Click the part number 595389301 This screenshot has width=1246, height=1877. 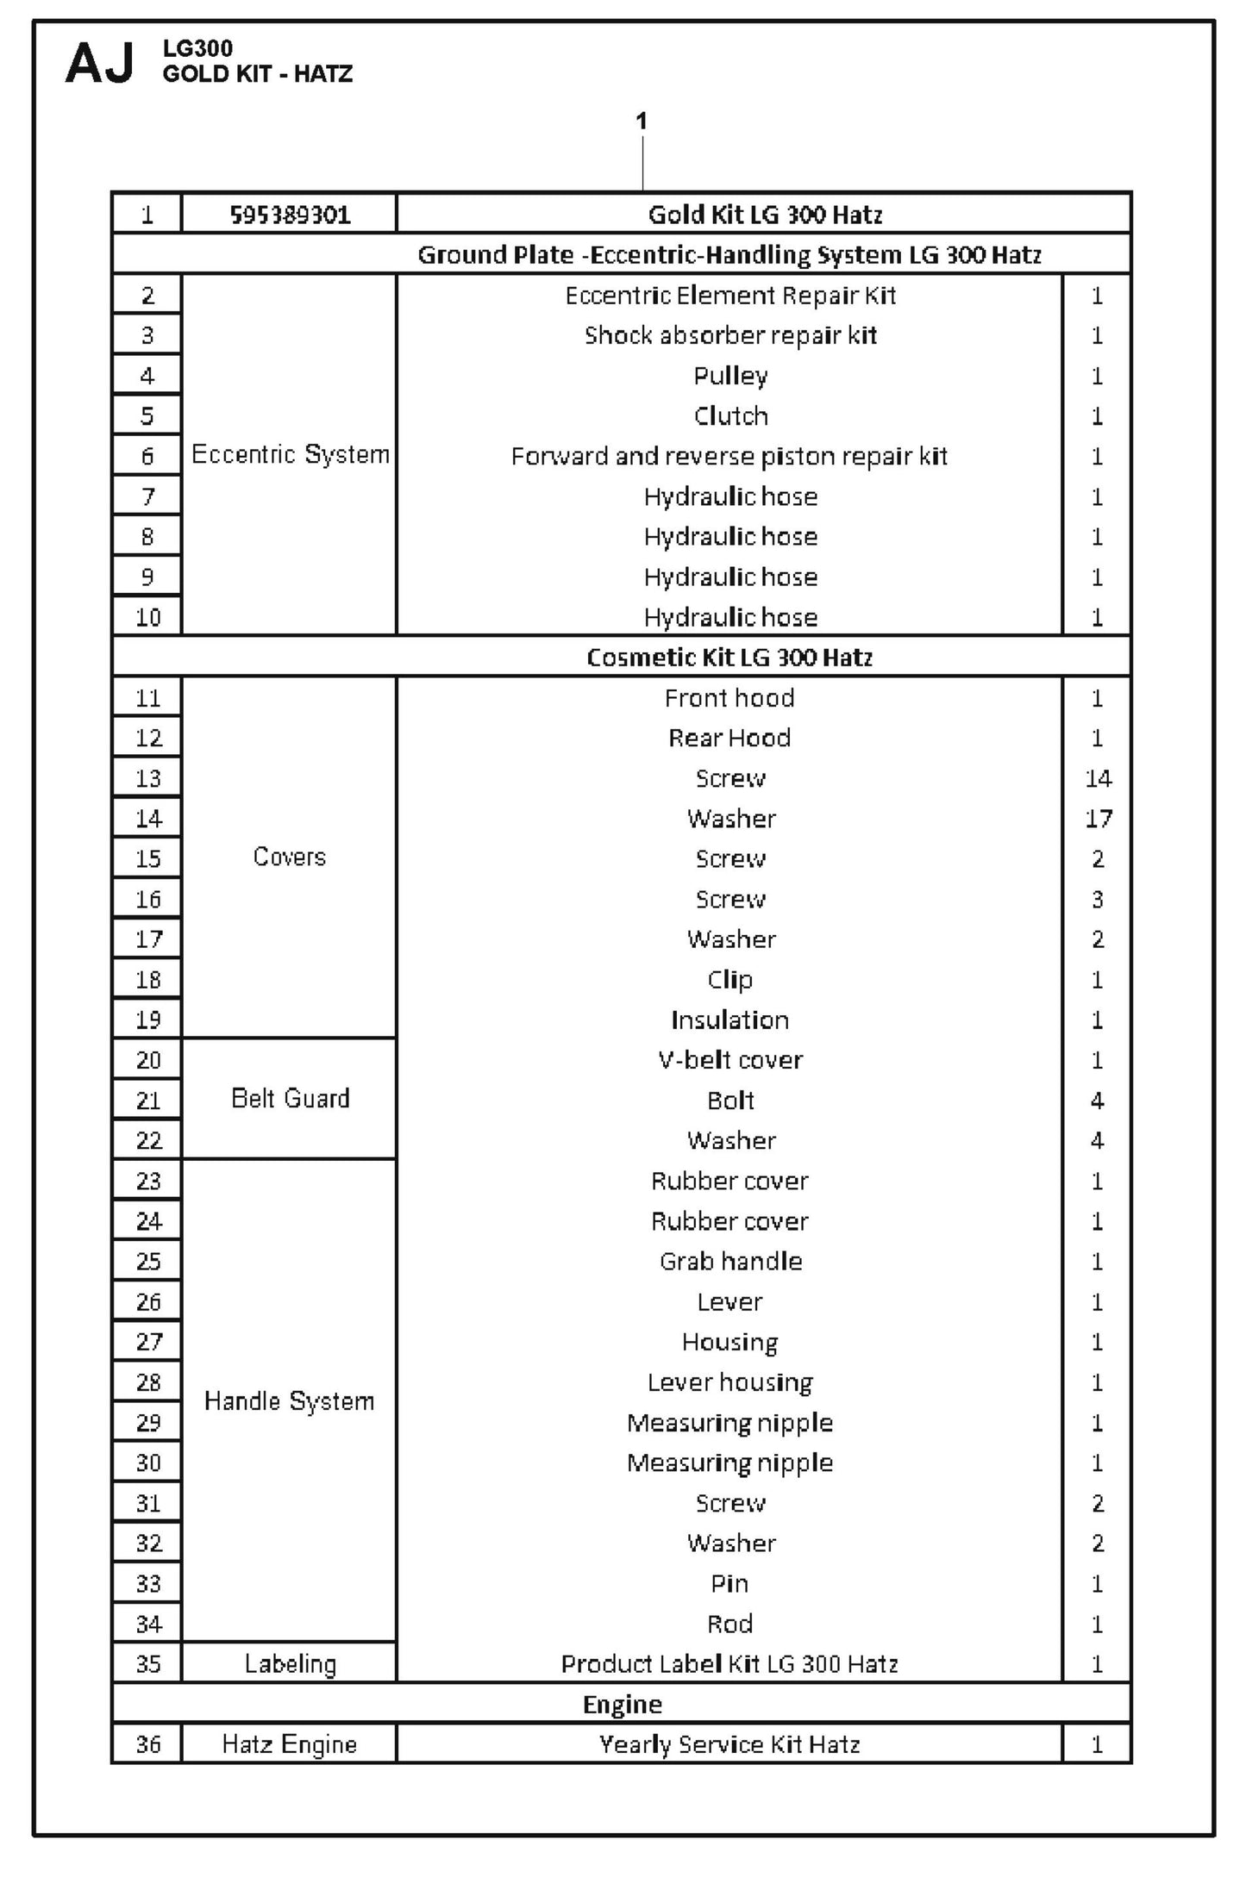point(290,215)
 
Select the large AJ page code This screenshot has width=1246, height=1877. point(100,63)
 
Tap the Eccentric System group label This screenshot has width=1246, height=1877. point(290,454)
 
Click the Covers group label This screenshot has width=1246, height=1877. point(290,857)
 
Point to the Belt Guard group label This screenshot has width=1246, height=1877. point(290,1098)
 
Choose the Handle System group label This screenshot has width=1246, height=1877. point(290,1400)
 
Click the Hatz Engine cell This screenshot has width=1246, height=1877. point(290,1743)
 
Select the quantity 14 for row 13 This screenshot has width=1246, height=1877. point(1098,778)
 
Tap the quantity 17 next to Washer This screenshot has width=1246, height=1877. point(1098,818)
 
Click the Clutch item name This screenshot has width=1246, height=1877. point(730,416)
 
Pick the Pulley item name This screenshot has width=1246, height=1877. point(730,376)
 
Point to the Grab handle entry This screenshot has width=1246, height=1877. point(730,1261)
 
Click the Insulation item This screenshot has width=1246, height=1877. point(730,1020)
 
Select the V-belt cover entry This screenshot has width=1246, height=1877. point(730,1059)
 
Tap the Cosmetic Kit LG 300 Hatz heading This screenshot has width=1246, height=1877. point(729,658)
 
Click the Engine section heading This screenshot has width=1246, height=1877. point(623,1704)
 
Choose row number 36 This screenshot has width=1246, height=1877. point(147,1743)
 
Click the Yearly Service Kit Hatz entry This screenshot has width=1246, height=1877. point(729,1743)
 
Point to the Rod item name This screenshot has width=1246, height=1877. point(729,1624)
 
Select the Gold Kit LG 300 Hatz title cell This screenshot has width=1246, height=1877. point(765,215)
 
